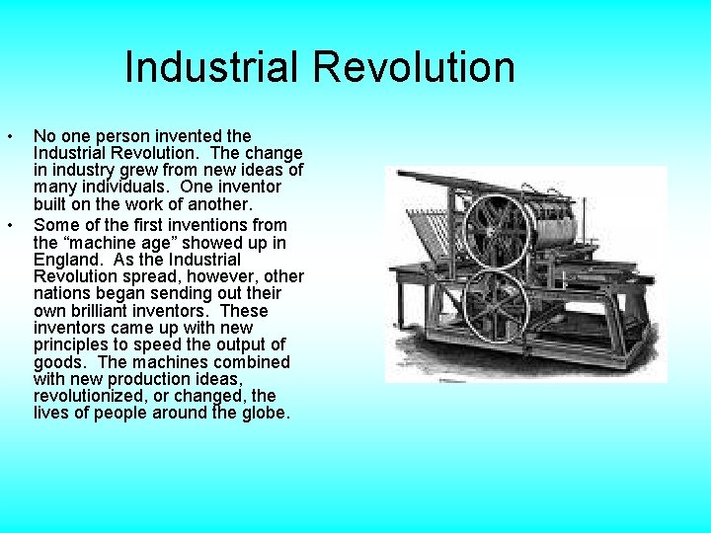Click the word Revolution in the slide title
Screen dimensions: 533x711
click(x=414, y=68)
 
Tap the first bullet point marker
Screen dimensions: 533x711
click(x=9, y=136)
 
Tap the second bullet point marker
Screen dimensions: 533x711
click(x=9, y=226)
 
